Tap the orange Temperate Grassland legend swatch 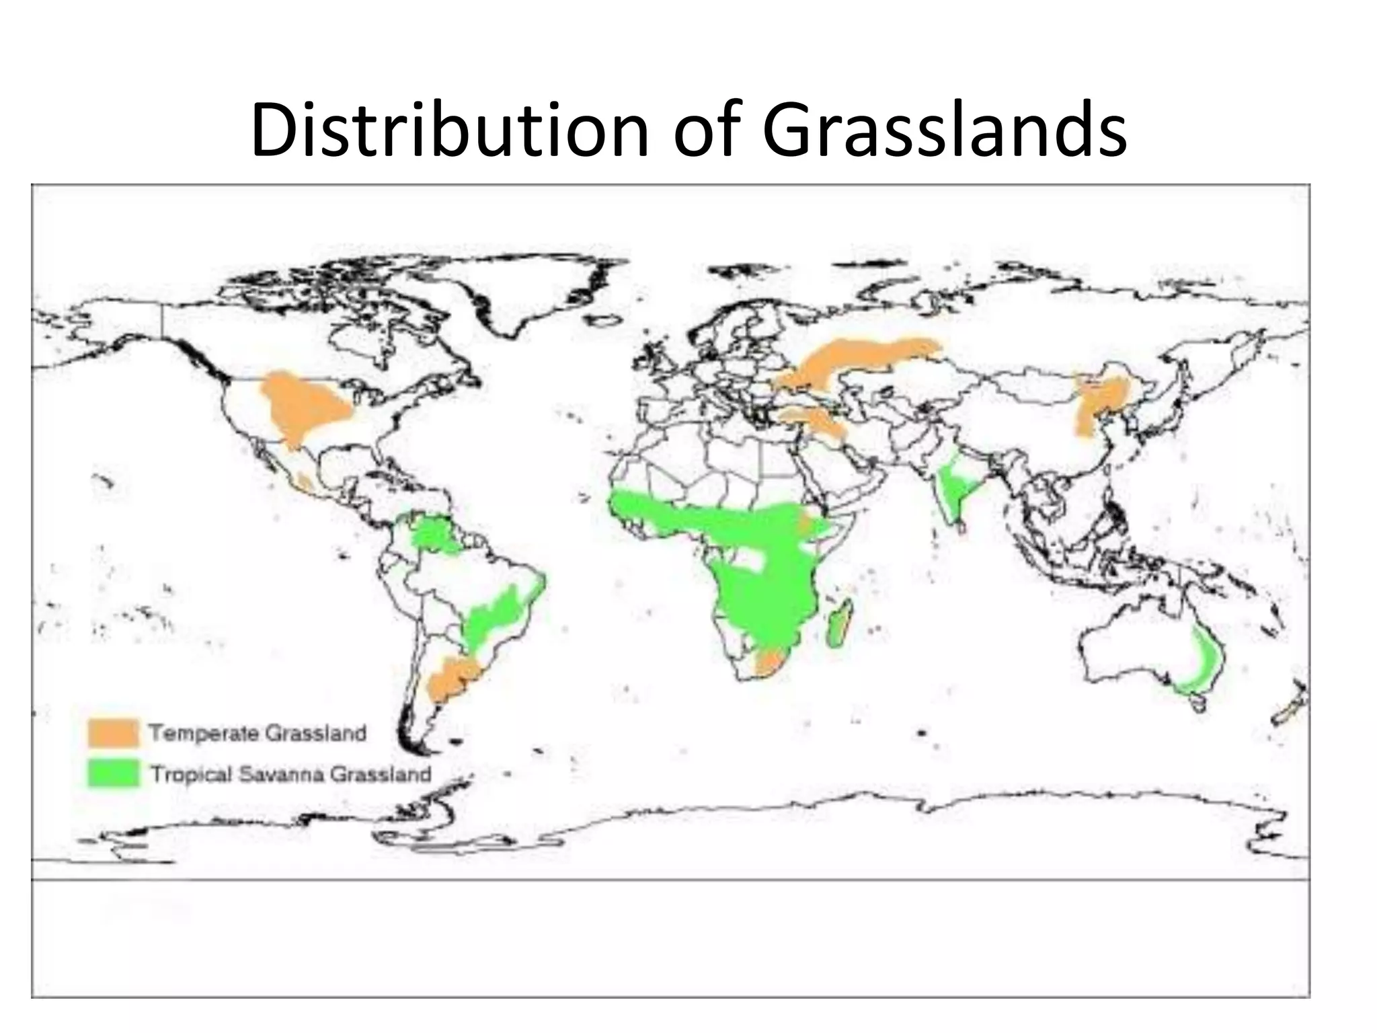pyautogui.click(x=113, y=732)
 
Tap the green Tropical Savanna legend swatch pyautogui.click(x=113, y=773)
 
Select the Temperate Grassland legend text pyautogui.click(x=258, y=732)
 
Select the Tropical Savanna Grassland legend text pyautogui.click(x=290, y=774)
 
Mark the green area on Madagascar pyautogui.click(x=838, y=622)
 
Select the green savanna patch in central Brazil pyautogui.click(x=494, y=619)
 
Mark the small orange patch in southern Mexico pyautogui.click(x=306, y=482)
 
